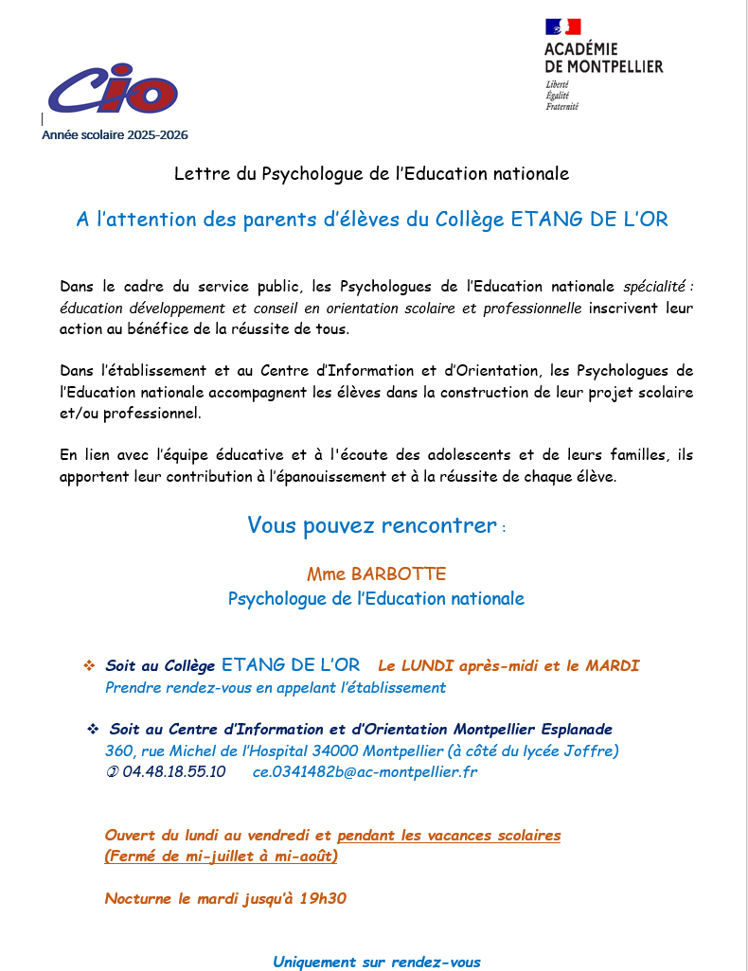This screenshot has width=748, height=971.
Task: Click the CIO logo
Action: pyautogui.click(x=113, y=90)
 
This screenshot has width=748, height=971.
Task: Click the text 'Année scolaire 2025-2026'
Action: pyautogui.click(x=115, y=135)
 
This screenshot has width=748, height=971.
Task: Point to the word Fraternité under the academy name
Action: pyautogui.click(x=561, y=107)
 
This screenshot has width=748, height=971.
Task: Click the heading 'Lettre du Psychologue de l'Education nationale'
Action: pyautogui.click(x=372, y=174)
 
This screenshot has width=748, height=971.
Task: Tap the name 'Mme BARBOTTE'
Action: pyautogui.click(x=376, y=574)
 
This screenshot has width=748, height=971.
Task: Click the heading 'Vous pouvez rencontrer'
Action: pyautogui.click(x=371, y=525)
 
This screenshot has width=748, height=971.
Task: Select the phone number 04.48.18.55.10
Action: pyautogui.click(x=173, y=772)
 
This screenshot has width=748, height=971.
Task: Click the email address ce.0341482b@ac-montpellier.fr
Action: pyautogui.click(x=365, y=772)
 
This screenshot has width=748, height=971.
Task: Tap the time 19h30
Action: pyautogui.click(x=323, y=898)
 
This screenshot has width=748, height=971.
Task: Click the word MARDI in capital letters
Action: pyautogui.click(x=612, y=666)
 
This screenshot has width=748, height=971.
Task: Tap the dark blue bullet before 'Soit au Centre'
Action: pyautogui.click(x=93, y=730)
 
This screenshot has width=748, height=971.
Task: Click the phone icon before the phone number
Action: pyautogui.click(x=112, y=772)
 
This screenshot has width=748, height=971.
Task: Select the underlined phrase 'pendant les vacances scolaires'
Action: pyautogui.click(x=449, y=836)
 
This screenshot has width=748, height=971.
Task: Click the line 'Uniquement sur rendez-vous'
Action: pyautogui.click(x=377, y=962)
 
